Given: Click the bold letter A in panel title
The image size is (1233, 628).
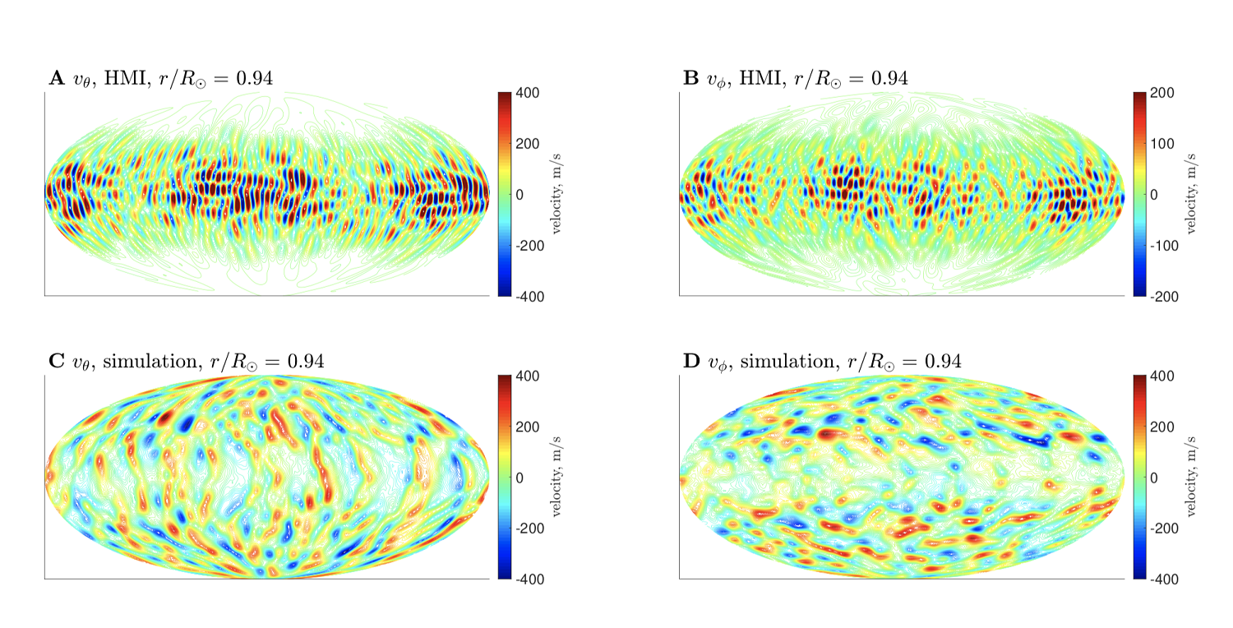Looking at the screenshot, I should pyautogui.click(x=57, y=79).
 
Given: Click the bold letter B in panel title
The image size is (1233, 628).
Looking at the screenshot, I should pyautogui.click(x=690, y=79).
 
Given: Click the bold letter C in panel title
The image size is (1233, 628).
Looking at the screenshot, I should pyautogui.click(x=57, y=362).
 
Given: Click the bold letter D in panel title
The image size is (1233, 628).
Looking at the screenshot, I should pyautogui.click(x=691, y=362).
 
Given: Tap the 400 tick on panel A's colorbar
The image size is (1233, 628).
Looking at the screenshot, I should pyautogui.click(x=528, y=93).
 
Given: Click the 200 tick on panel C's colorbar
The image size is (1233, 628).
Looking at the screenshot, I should pyautogui.click(x=528, y=427).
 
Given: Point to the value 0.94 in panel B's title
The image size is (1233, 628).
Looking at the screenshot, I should pyautogui.click(x=889, y=79).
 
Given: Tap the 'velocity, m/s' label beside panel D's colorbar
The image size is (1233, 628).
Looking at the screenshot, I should pyautogui.click(x=1191, y=477).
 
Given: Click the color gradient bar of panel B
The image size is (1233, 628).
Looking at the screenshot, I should pyautogui.click(x=1140, y=194).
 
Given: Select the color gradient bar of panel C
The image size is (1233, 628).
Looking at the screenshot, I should pyautogui.click(x=505, y=477).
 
